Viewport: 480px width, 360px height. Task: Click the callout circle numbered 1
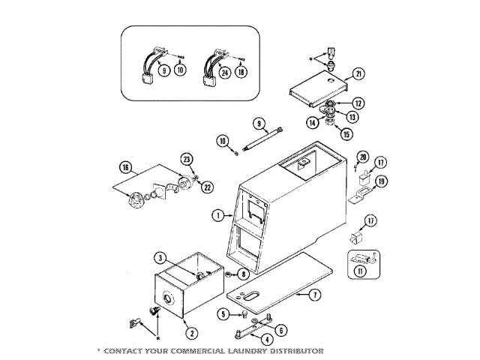click(x=217, y=215)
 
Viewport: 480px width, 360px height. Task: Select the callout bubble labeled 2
click(x=192, y=334)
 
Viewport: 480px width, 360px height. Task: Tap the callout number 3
click(x=159, y=258)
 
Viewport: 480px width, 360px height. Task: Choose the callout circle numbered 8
click(x=244, y=276)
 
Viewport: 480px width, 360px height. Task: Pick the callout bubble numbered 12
click(x=358, y=103)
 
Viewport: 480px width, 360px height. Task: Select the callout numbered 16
click(x=124, y=167)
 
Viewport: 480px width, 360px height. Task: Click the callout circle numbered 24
click(x=223, y=73)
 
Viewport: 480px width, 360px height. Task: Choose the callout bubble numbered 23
click(x=186, y=158)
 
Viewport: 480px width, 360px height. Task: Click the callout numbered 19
click(x=381, y=181)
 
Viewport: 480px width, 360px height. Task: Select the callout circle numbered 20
click(x=363, y=157)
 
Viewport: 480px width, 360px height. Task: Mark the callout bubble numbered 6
click(x=280, y=330)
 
